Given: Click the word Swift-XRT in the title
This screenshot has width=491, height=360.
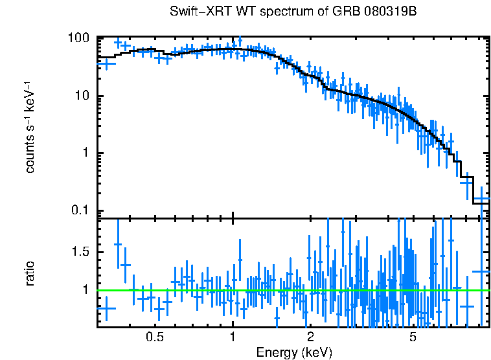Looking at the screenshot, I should [x=197, y=12].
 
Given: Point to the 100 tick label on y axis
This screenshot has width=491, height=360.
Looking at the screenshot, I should [x=80, y=38].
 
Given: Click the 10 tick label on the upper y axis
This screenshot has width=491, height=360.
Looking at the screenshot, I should [x=83, y=96].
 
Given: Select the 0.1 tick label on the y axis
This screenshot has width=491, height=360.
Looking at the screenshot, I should [x=81, y=210].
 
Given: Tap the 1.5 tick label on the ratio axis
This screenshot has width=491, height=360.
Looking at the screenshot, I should [x=81, y=251].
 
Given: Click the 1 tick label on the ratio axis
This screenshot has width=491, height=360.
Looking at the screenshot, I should [x=87, y=289].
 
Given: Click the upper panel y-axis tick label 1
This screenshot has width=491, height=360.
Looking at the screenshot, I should [x=87, y=153].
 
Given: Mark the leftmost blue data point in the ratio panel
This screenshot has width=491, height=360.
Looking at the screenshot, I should [x=106, y=309].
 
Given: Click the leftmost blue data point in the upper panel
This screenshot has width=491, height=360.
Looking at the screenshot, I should [x=106, y=63].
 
